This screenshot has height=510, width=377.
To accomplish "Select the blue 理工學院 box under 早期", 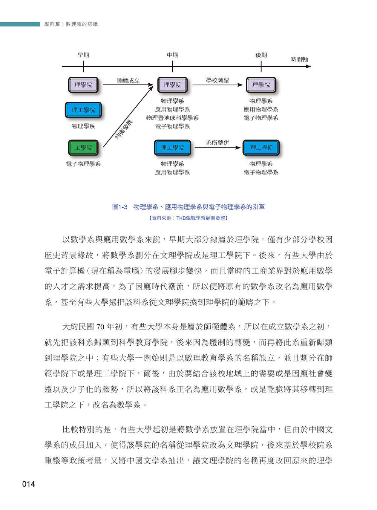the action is pyautogui.click(x=83, y=110).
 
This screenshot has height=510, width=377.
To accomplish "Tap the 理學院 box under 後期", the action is pyautogui.click(x=261, y=84).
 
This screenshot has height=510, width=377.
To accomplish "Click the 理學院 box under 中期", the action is pyautogui.click(x=172, y=84).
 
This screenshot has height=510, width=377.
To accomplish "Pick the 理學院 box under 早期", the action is pyautogui.click(x=83, y=84).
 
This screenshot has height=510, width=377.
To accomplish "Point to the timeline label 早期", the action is pyautogui.click(x=83, y=55).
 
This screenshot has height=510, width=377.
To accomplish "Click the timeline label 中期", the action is pyautogui.click(x=172, y=55).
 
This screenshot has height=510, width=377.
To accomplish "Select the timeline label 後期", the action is pyautogui.click(x=261, y=55).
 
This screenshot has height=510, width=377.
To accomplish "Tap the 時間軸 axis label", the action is pyautogui.click(x=299, y=59).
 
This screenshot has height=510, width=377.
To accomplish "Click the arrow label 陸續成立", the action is pyautogui.click(x=128, y=80).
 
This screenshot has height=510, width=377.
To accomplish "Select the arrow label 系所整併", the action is pyautogui.click(x=217, y=142).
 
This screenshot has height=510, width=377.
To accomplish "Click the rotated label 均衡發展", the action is pyautogui.click(x=124, y=129).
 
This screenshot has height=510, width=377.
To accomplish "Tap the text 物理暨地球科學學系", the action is pyautogui.click(x=172, y=118).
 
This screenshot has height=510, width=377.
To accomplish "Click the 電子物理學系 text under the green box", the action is pyautogui.click(x=83, y=164).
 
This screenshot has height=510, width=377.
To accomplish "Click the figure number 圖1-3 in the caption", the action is pyautogui.click(x=120, y=207).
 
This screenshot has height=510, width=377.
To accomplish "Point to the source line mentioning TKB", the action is pyautogui.click(x=188, y=218).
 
